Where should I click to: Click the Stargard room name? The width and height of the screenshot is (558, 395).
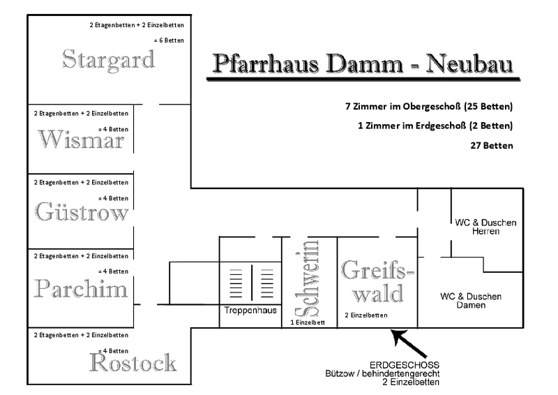click(x=108, y=60)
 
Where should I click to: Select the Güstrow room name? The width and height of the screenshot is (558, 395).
click(x=82, y=212)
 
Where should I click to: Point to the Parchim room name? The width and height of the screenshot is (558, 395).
click(x=80, y=289)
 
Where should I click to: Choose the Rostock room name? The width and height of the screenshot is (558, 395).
click(x=133, y=363)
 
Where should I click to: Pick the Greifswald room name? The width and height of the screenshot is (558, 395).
click(x=377, y=281)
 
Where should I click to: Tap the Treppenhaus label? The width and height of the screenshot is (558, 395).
click(x=250, y=308)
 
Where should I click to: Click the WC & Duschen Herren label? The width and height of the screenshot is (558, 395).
click(x=485, y=227)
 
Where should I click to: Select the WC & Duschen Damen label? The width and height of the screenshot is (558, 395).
click(x=471, y=301)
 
